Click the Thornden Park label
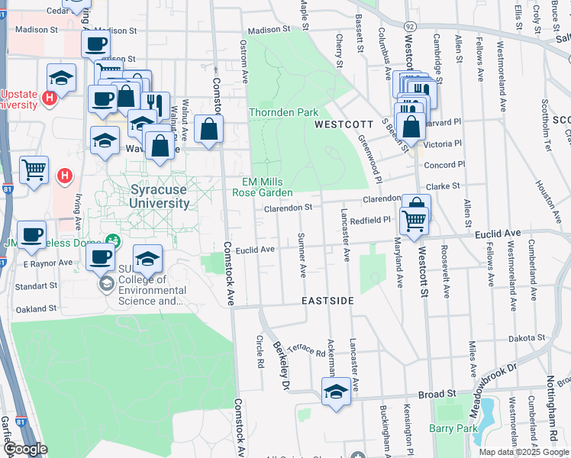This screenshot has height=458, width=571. coord(283,112)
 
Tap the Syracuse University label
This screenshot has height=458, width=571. coord(149,196)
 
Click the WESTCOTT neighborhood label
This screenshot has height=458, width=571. coord(344,124)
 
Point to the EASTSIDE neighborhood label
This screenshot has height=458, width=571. coord(327,301)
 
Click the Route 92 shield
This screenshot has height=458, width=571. coord(410,27)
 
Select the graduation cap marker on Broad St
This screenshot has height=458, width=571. coord(334,392)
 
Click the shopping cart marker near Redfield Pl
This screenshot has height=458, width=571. coord(414,221)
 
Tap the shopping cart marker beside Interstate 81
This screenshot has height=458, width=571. coord(34,169)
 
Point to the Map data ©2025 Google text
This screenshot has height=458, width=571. coord(524,452)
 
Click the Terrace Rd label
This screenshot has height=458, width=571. coord(308,349)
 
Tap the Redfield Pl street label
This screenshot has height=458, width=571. coord(372,220)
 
